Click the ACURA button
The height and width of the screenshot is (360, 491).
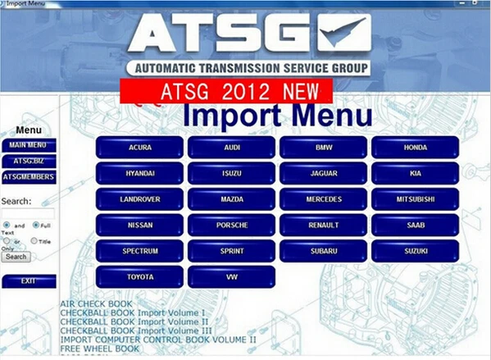point(139,148)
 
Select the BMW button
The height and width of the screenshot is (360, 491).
point(323,148)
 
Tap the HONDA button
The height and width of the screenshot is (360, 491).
point(415,148)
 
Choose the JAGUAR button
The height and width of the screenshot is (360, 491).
point(323,173)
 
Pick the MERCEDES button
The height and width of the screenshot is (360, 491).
point(323,199)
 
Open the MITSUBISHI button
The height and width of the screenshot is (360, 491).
point(415,199)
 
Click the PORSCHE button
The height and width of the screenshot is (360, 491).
point(231,225)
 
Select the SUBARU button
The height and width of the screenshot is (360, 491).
point(323,251)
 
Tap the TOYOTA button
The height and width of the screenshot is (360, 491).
point(139,277)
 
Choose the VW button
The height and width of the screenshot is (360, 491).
point(231,277)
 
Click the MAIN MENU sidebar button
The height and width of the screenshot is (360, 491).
point(29,145)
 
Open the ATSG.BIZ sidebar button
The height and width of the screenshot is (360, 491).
point(29,161)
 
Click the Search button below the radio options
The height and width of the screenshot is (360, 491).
point(16,257)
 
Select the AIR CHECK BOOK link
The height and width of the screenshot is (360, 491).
point(95,304)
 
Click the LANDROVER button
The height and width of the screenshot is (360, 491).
point(139,199)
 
